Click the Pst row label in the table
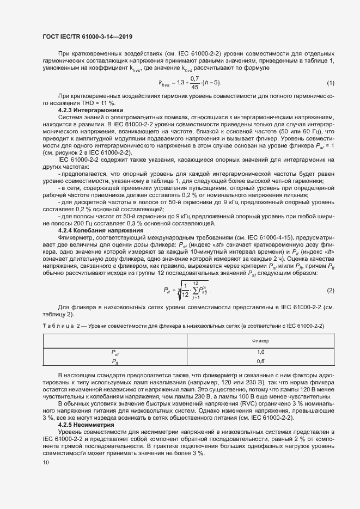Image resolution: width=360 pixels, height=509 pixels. pyautogui.click(x=115, y=353)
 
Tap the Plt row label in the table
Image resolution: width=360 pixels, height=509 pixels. pyautogui.click(x=115, y=361)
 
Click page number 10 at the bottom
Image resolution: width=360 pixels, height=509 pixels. pyautogui.click(x=45, y=463)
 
